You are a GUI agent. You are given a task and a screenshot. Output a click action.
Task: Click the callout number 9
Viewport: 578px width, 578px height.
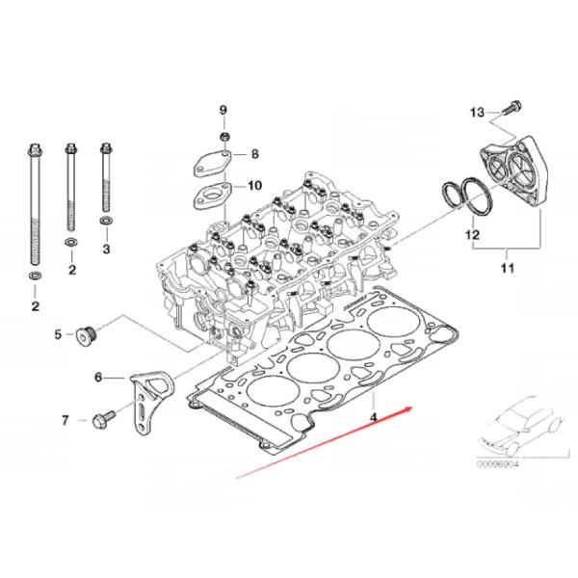point(223,110)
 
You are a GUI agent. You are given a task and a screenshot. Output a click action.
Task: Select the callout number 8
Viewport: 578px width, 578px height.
point(255,154)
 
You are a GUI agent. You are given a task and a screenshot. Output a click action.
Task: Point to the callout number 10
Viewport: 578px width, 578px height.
point(254,185)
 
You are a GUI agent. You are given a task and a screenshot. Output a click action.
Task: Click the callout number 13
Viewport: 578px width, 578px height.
point(478,114)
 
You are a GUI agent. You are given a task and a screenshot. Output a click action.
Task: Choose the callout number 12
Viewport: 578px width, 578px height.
point(473,234)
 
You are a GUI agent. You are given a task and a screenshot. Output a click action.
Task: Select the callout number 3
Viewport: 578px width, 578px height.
point(106,250)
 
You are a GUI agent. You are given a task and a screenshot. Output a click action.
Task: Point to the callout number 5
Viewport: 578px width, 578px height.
point(57,334)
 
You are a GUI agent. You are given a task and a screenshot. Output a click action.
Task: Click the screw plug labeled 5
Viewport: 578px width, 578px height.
point(85,335)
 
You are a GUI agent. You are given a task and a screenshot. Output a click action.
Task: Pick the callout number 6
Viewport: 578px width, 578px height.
point(97,378)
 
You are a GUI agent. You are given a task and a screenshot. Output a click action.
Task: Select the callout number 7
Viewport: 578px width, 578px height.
point(66,420)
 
